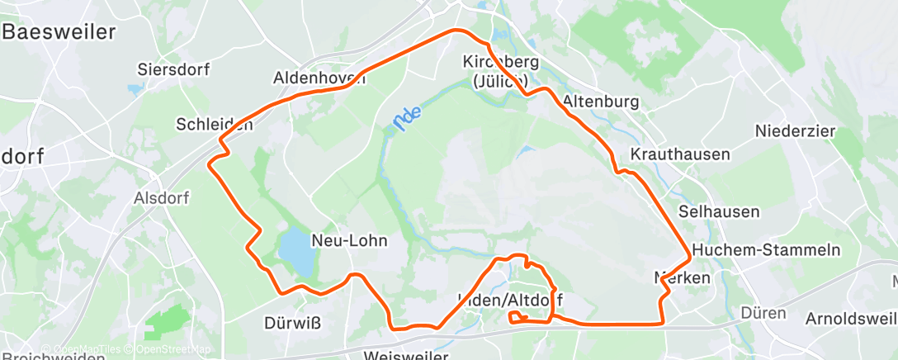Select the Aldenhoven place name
click(319, 79)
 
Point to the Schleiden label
click(214, 124)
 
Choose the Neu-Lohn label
click(348, 240)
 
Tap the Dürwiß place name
click(293, 322)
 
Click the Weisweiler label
click(407, 356)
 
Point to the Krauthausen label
click(680, 154)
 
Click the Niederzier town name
click(796, 130)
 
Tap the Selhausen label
click(718, 212)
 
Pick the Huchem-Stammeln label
click(767, 250)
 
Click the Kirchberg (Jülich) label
click(500, 71)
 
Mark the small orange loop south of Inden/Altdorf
click(518, 317)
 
